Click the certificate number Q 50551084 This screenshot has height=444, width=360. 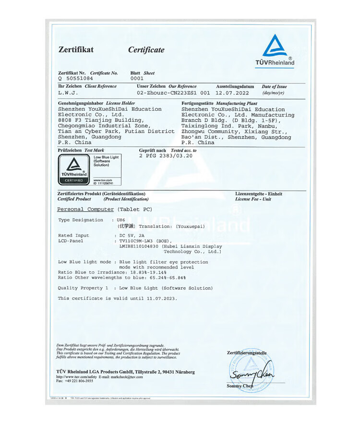[76, 78]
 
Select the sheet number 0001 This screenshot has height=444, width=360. [137, 78]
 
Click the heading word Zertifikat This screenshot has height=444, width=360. [76, 49]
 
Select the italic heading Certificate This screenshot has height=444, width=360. [146, 50]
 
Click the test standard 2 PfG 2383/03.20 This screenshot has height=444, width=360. [166, 156]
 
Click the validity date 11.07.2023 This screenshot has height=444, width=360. [159, 298]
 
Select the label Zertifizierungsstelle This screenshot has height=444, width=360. [246, 353]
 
